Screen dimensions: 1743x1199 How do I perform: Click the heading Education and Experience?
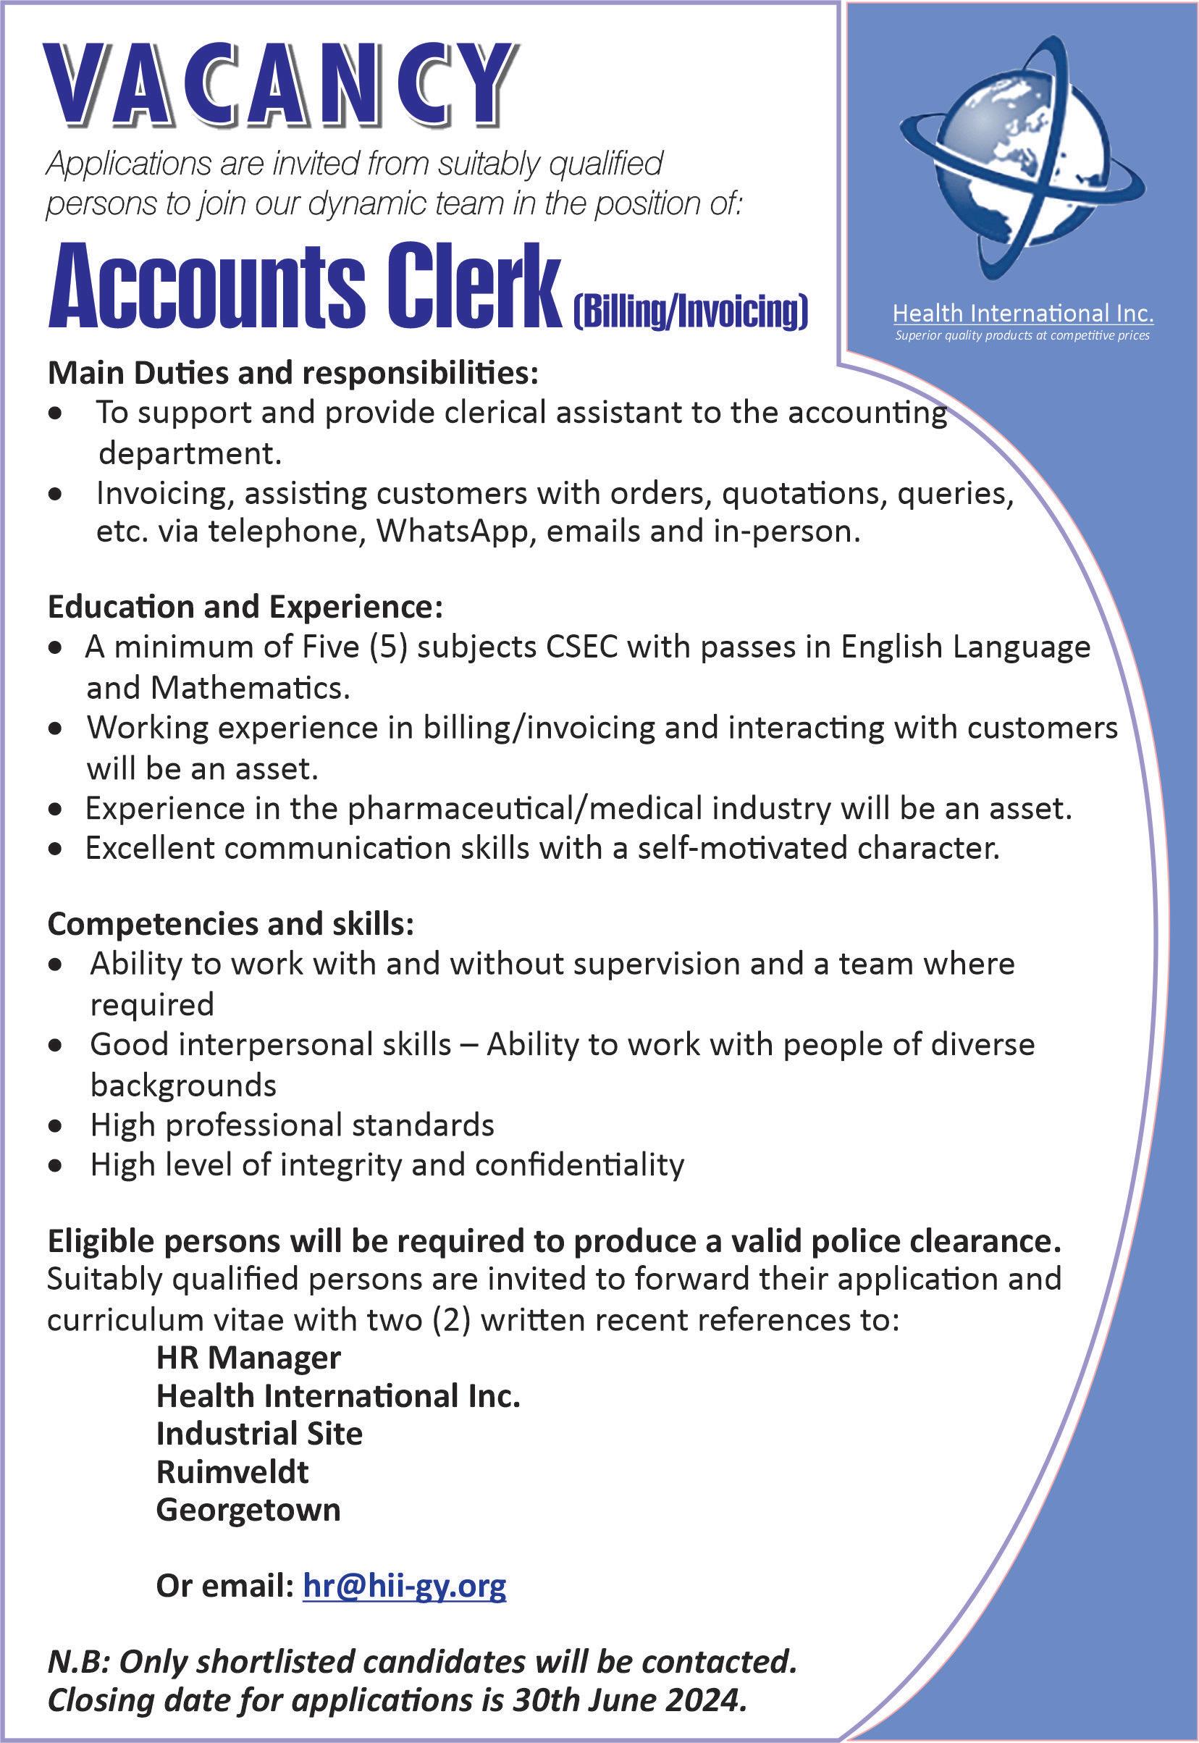tap(245, 607)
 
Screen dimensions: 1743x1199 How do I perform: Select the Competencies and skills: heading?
tap(231, 925)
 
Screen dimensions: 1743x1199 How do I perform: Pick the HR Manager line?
tap(248, 1358)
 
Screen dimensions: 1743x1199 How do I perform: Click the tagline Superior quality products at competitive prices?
tap(1022, 336)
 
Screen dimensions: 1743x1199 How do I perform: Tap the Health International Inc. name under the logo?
tap(1022, 313)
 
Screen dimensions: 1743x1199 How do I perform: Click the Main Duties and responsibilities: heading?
tap(293, 374)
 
